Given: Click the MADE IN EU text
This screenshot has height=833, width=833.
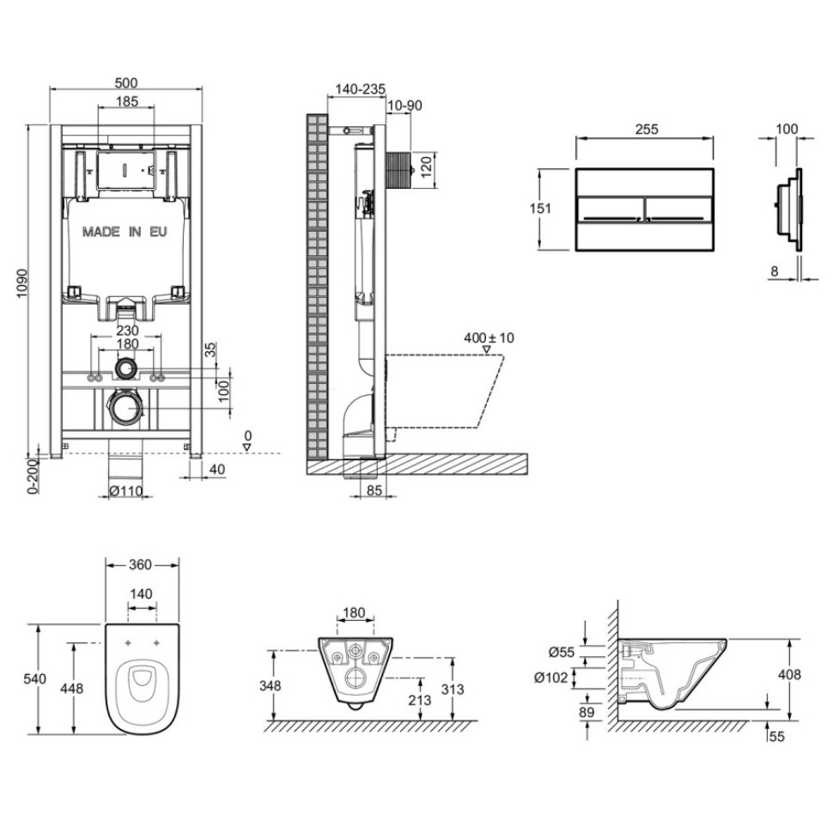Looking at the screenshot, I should tap(125, 232).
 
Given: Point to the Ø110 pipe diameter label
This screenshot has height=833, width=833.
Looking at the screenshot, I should tap(125, 491).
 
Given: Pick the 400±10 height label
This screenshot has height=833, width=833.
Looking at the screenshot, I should tap(489, 337).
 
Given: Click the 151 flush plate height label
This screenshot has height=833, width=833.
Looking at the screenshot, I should tap(542, 209).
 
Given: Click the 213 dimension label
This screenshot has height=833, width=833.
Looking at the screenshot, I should tap(420, 700).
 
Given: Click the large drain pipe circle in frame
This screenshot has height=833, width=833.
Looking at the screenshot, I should tap(126, 408).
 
